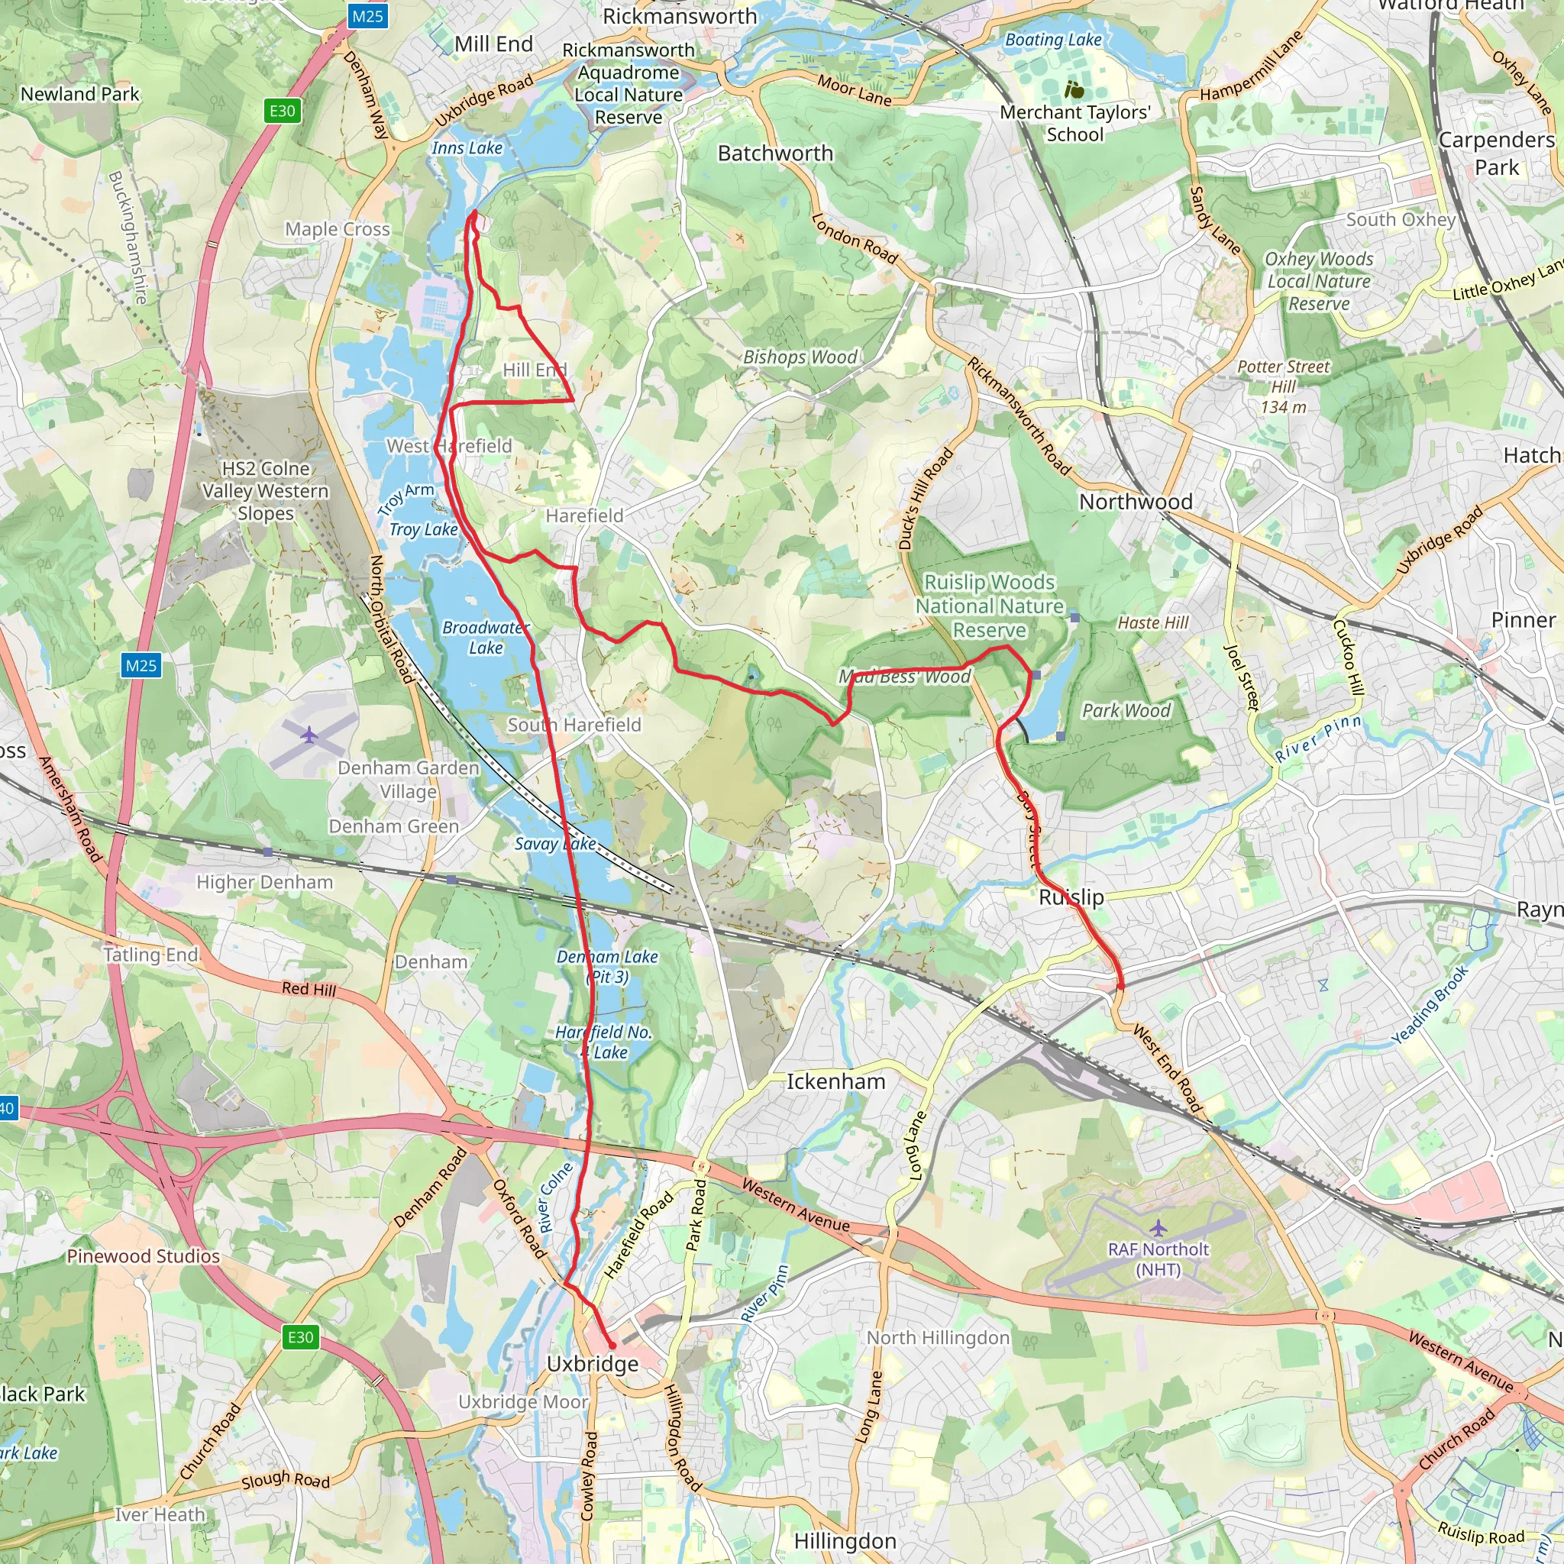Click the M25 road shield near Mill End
pos(367,15)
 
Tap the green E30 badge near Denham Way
pos(282,111)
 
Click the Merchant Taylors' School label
pos(1074,123)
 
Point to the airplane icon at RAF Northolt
pos(1158,1228)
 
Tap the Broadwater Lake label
pos(485,638)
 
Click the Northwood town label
pos(1135,502)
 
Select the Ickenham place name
pos(835,1081)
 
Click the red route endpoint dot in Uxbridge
pos(612,1346)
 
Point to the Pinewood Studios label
pos(144,1256)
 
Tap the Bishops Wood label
pos(800,357)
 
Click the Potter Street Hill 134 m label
pos(1283,387)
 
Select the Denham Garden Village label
pos(408,780)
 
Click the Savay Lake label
pos(555,844)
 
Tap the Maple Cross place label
pos(337,229)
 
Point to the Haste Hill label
pos(1152,622)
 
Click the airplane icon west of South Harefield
pos(309,735)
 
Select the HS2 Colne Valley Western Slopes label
pos(266,490)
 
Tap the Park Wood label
pos(1126,711)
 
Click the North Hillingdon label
pos(938,1338)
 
